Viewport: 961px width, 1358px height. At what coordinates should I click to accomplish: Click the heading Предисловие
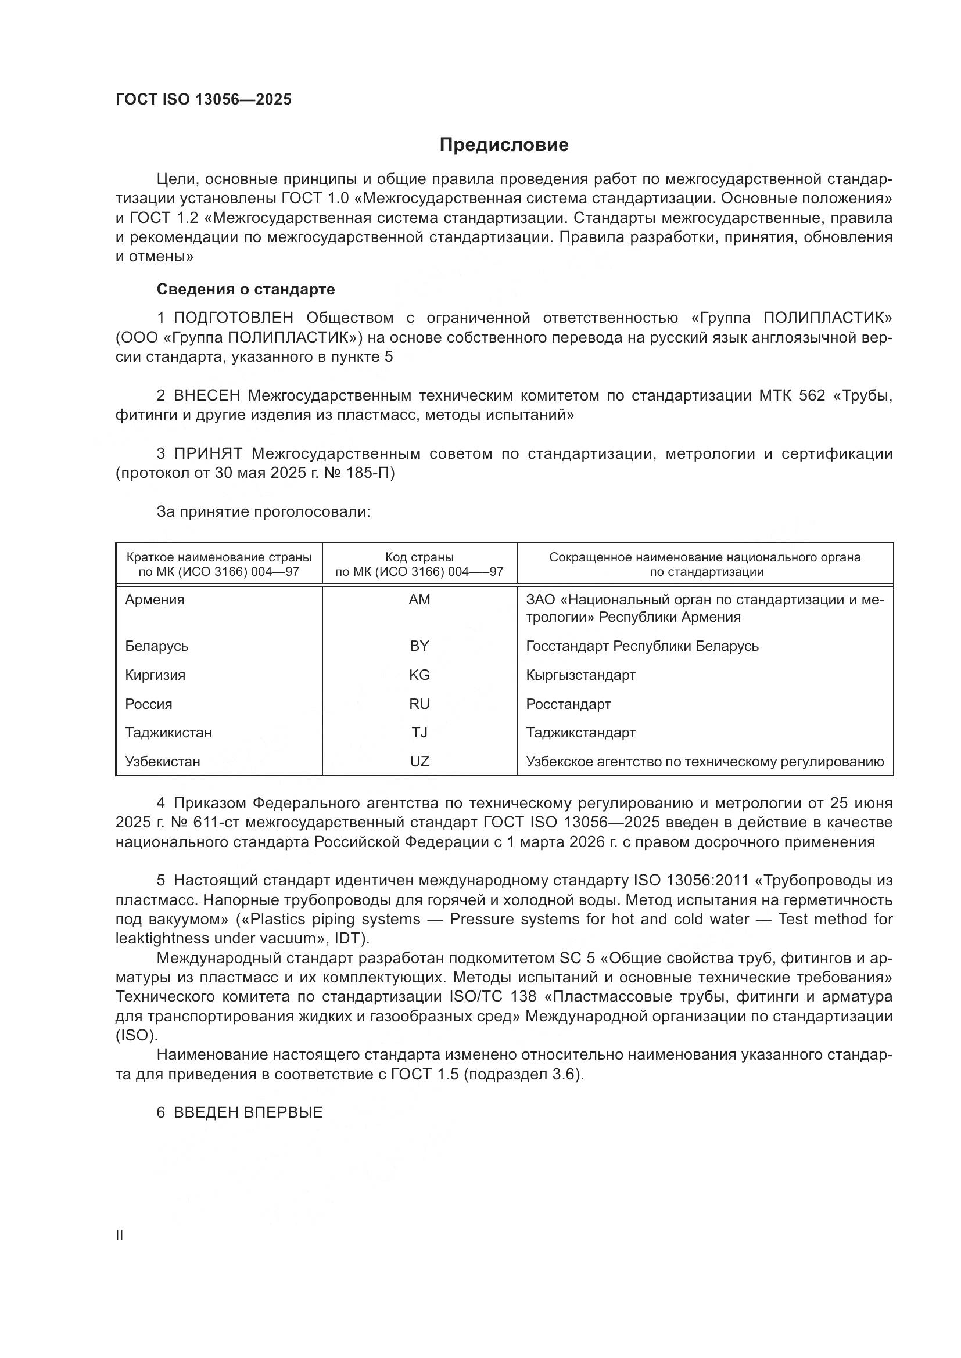(x=504, y=145)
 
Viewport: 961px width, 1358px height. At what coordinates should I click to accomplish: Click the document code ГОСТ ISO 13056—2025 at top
(x=203, y=99)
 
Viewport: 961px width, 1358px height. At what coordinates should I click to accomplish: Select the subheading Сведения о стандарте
(x=246, y=289)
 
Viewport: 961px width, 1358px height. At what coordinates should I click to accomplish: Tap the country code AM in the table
(x=419, y=600)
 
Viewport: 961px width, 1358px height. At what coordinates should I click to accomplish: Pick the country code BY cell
(x=419, y=646)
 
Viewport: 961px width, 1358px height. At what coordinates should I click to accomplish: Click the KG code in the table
(x=419, y=675)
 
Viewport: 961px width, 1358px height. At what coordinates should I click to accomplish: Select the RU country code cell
(x=419, y=704)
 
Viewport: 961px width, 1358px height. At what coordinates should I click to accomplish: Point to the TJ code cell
(x=419, y=733)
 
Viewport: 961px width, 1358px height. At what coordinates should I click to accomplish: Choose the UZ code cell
(x=419, y=762)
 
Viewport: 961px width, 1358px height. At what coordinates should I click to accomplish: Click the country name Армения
(x=155, y=600)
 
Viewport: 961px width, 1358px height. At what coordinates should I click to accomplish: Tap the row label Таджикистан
(x=168, y=733)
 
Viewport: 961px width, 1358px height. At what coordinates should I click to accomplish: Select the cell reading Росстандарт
(x=568, y=704)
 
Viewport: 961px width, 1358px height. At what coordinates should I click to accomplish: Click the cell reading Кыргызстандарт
(x=580, y=675)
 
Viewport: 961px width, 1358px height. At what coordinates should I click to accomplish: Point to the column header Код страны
(x=419, y=557)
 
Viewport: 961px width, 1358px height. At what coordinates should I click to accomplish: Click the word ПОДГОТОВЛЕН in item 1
(x=234, y=318)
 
